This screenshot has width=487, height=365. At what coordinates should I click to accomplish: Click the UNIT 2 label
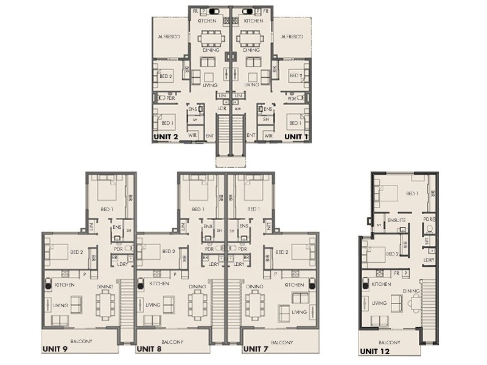tap(166, 137)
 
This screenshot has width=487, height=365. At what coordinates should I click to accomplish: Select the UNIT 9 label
tap(55, 350)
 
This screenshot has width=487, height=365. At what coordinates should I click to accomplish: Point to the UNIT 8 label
tap(149, 350)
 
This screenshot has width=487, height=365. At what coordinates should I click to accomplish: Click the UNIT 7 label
tap(256, 350)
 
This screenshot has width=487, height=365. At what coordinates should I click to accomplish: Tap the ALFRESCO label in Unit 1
tap(292, 36)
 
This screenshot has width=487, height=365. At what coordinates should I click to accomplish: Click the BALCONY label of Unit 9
tap(81, 341)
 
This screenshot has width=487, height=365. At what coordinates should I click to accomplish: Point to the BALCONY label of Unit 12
tap(390, 342)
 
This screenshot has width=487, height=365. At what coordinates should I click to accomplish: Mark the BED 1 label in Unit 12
tap(412, 193)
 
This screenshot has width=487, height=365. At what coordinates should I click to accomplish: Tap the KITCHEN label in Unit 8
tap(159, 284)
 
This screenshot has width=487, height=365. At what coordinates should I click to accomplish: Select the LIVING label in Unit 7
tap(299, 312)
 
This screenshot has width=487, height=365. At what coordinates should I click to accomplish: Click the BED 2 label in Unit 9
tap(77, 252)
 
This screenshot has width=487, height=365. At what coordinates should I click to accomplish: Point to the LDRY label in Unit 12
tap(429, 260)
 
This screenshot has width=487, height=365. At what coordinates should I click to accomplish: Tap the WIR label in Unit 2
tap(192, 135)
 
